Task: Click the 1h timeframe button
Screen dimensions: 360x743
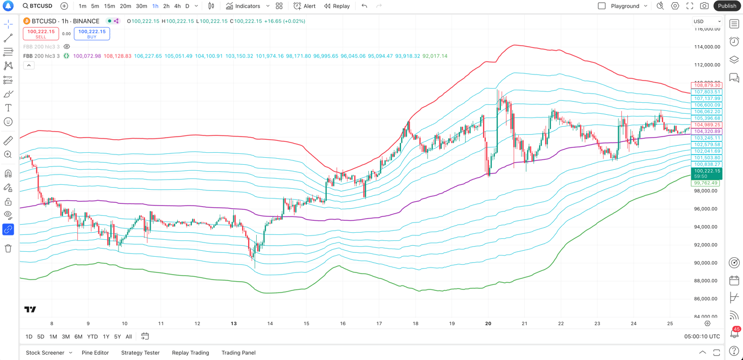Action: click(155, 6)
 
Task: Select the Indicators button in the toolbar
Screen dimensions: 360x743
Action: click(243, 6)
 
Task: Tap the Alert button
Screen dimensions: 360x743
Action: click(305, 6)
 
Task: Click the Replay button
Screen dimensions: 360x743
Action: click(337, 6)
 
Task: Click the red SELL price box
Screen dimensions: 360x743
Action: click(41, 34)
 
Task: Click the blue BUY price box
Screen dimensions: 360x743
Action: click(91, 34)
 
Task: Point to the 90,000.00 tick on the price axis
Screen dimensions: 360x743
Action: click(706, 263)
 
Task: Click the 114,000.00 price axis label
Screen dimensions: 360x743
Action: click(706, 47)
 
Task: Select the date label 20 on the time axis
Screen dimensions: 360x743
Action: click(488, 324)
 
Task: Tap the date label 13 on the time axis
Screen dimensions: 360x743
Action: click(233, 324)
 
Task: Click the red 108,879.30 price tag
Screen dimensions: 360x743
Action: click(707, 85)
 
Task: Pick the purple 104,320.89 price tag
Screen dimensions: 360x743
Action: click(707, 132)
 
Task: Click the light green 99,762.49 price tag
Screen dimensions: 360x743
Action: click(705, 183)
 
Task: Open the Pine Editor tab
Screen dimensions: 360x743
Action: click(95, 353)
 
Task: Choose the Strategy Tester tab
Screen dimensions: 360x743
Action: click(140, 353)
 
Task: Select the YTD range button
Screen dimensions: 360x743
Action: click(92, 337)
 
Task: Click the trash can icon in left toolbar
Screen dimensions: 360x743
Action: click(8, 249)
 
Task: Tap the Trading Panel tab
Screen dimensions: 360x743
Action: click(238, 353)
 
